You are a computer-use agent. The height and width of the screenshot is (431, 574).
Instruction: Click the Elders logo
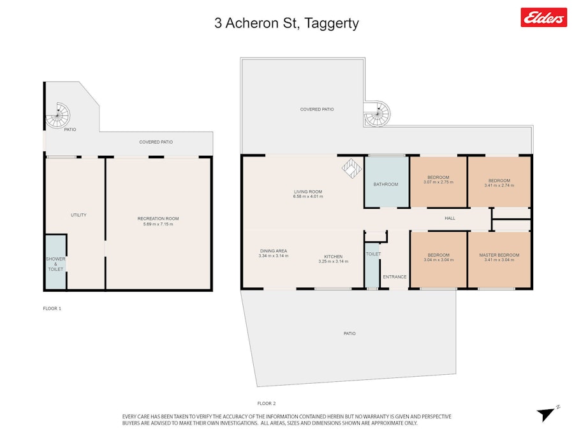click(543, 17)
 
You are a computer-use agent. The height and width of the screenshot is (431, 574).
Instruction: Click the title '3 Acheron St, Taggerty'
click(286, 23)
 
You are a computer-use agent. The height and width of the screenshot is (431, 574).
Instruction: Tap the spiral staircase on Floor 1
click(57, 115)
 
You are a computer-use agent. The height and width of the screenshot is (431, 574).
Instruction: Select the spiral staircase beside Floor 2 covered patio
click(377, 114)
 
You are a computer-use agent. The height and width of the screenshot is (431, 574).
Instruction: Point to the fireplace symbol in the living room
click(352, 169)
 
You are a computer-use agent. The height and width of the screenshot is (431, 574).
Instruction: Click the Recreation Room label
click(158, 218)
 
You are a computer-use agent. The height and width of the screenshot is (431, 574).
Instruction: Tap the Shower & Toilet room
click(55, 262)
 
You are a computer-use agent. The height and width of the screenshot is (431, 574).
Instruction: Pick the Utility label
click(78, 215)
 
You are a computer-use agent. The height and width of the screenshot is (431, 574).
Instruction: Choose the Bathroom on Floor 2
click(386, 182)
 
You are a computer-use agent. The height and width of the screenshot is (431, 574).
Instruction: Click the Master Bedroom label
click(499, 255)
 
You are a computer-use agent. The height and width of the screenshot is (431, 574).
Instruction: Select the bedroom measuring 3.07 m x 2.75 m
click(438, 182)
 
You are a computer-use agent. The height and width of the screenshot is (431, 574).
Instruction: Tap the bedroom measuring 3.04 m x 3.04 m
click(439, 259)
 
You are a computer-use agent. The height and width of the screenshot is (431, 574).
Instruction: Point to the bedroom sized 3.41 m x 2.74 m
click(499, 182)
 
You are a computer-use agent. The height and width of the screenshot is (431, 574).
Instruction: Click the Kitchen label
click(333, 257)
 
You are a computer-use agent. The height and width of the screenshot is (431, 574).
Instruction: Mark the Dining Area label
click(274, 251)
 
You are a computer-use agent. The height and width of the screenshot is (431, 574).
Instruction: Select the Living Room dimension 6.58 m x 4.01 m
click(308, 197)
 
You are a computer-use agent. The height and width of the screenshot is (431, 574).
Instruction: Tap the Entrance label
click(395, 276)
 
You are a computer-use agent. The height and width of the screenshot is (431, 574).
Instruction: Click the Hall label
click(450, 218)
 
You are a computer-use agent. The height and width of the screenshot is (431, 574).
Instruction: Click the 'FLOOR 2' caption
click(267, 403)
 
